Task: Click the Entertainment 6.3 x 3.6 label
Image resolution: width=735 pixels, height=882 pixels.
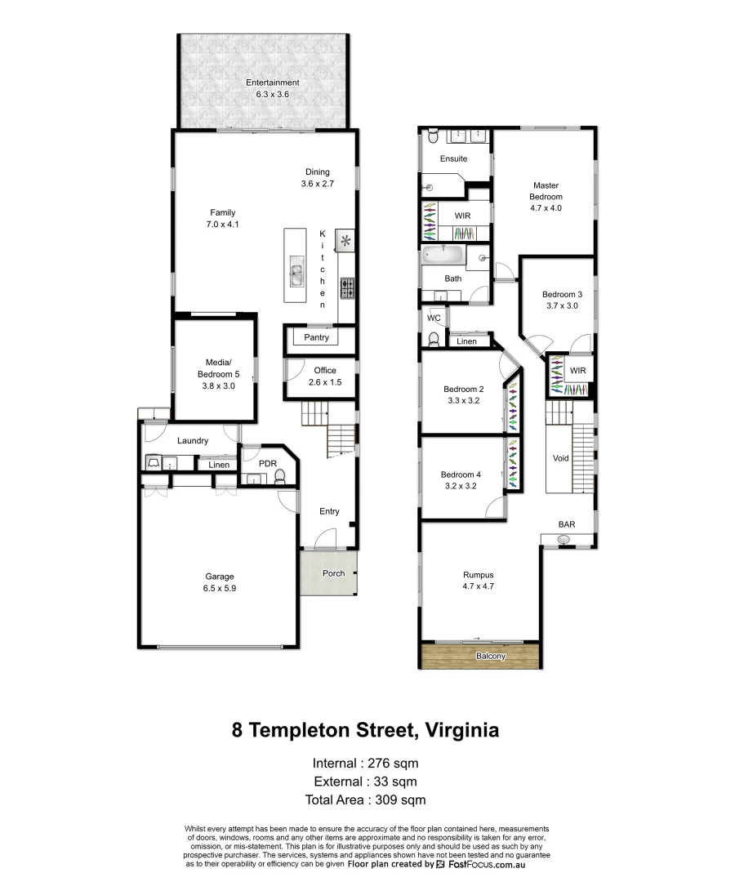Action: click(x=273, y=88)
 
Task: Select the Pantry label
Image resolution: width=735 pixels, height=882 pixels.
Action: click(x=316, y=337)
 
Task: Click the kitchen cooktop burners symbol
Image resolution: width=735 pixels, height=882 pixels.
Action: click(x=347, y=288)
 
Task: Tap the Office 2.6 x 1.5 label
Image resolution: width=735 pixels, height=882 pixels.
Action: click(x=324, y=376)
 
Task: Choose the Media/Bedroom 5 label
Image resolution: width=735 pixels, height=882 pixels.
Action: click(x=216, y=374)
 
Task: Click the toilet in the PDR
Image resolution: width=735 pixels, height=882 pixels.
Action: click(x=280, y=475)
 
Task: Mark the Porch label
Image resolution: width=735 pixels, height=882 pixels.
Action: click(x=333, y=573)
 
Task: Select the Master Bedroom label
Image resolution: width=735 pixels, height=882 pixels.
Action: click(x=546, y=197)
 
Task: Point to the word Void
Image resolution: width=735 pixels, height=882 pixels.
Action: click(x=560, y=458)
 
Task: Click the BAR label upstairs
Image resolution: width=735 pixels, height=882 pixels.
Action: click(x=566, y=525)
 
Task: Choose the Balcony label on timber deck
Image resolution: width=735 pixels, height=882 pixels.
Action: click(x=491, y=656)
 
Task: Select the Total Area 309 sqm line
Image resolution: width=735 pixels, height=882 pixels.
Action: click(x=365, y=800)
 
